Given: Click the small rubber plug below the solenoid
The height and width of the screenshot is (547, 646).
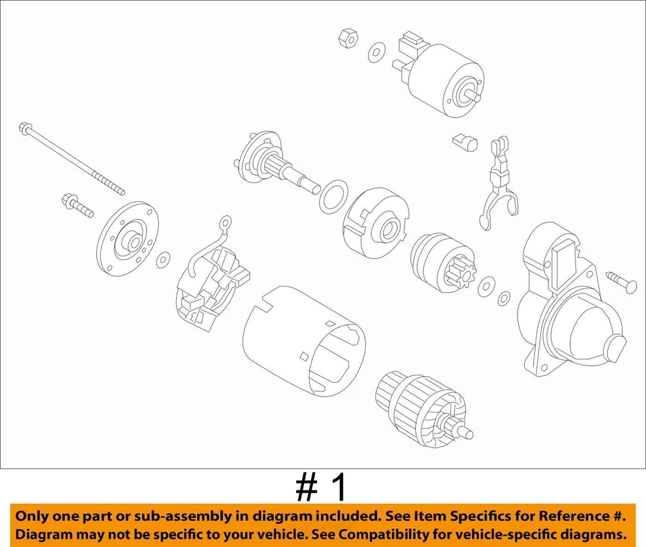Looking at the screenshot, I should coord(464,141).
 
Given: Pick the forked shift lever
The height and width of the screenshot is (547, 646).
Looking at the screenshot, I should coord(499,188).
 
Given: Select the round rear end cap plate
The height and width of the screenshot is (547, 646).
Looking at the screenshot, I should coord(127,240).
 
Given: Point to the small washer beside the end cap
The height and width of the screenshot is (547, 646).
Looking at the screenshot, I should coord(163,260).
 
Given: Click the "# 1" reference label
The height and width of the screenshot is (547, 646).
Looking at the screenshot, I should coord(322,487).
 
